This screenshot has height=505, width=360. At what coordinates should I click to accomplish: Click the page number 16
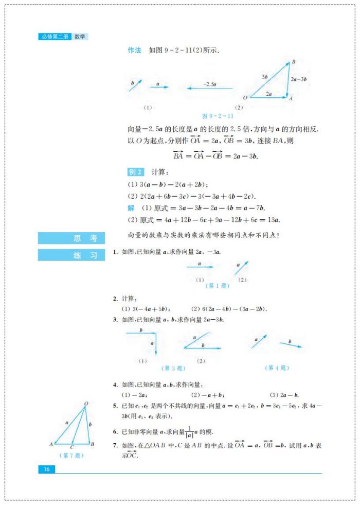click(46, 469)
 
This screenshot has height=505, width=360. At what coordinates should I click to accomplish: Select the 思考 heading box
click(71, 238)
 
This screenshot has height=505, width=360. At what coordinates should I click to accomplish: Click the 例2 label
click(136, 172)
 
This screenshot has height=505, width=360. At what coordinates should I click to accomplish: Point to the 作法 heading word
click(134, 50)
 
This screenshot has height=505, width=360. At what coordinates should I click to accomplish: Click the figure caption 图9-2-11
click(218, 116)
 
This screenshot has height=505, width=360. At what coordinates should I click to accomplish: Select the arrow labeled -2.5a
click(209, 88)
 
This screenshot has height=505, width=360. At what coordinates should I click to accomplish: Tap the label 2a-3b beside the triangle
click(298, 79)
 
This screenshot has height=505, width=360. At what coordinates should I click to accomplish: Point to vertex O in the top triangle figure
click(245, 97)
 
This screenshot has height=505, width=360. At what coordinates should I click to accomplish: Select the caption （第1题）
click(218, 286)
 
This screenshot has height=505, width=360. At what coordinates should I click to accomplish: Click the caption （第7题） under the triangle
click(71, 455)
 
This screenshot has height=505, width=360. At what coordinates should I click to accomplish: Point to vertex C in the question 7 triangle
click(72, 447)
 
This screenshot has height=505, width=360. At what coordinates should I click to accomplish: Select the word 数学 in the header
click(80, 37)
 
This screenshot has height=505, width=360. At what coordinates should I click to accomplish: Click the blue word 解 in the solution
click(131, 208)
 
